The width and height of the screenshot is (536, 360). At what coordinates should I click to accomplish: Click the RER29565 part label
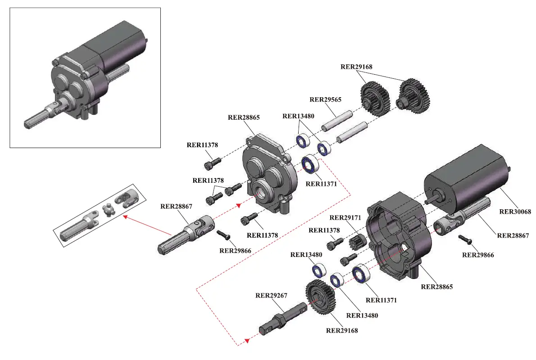click(325, 99)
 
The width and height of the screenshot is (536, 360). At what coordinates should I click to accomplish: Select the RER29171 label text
click(345, 217)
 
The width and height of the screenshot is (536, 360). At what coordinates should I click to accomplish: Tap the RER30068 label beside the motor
click(515, 211)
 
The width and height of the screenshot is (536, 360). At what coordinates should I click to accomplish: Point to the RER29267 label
click(272, 296)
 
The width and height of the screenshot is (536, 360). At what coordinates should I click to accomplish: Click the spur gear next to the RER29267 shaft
click(321, 297)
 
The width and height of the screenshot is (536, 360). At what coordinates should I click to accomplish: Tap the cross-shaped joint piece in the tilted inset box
click(109, 210)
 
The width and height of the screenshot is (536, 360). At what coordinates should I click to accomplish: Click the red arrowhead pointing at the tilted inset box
click(126, 216)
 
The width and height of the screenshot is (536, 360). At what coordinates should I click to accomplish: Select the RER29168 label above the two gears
click(356, 67)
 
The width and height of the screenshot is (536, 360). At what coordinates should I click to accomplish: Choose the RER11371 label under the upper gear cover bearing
click(321, 184)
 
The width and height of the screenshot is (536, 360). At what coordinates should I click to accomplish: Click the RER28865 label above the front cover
click(244, 117)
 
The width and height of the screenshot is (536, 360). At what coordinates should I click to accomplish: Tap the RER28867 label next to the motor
click(513, 235)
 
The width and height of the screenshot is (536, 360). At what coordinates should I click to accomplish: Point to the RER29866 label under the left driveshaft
click(235, 251)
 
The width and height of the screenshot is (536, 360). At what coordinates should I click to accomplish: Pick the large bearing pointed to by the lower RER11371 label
click(361, 274)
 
